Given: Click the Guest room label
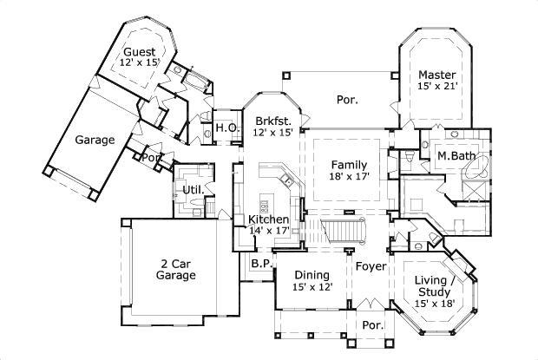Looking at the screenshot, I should click(x=140, y=51).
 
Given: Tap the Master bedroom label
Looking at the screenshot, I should click(x=436, y=75).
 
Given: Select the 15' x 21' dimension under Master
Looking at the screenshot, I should click(x=436, y=87).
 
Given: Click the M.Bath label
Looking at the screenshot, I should click(x=455, y=156).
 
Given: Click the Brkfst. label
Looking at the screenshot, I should click(x=273, y=120).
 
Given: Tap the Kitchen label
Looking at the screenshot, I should click(x=268, y=219).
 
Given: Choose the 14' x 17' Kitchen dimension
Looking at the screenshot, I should click(x=268, y=231).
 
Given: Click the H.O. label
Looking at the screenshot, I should click(x=226, y=128).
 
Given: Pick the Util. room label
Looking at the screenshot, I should click(x=193, y=189).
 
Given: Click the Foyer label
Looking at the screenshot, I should click(x=371, y=266).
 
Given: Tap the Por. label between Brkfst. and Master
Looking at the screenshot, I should click(x=347, y=100).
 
